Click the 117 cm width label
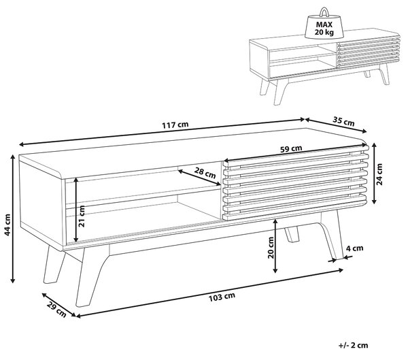tap(175, 125)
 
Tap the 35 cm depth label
tap(343, 121)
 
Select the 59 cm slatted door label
tap(291, 149)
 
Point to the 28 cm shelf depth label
tap(205, 172)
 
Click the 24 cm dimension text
tap(379, 174)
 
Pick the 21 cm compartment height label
tap(82, 216)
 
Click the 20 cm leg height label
tap(271, 248)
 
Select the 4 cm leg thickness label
tap(354, 248)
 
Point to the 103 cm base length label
tap(222, 297)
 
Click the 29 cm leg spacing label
tap(56, 310)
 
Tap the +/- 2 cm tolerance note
tap(354, 346)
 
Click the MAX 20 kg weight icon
tap(324, 24)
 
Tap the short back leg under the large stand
tap(292, 235)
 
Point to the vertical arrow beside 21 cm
tap(76, 210)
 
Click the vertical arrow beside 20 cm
tap(275, 246)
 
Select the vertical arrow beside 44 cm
tap(12, 218)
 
